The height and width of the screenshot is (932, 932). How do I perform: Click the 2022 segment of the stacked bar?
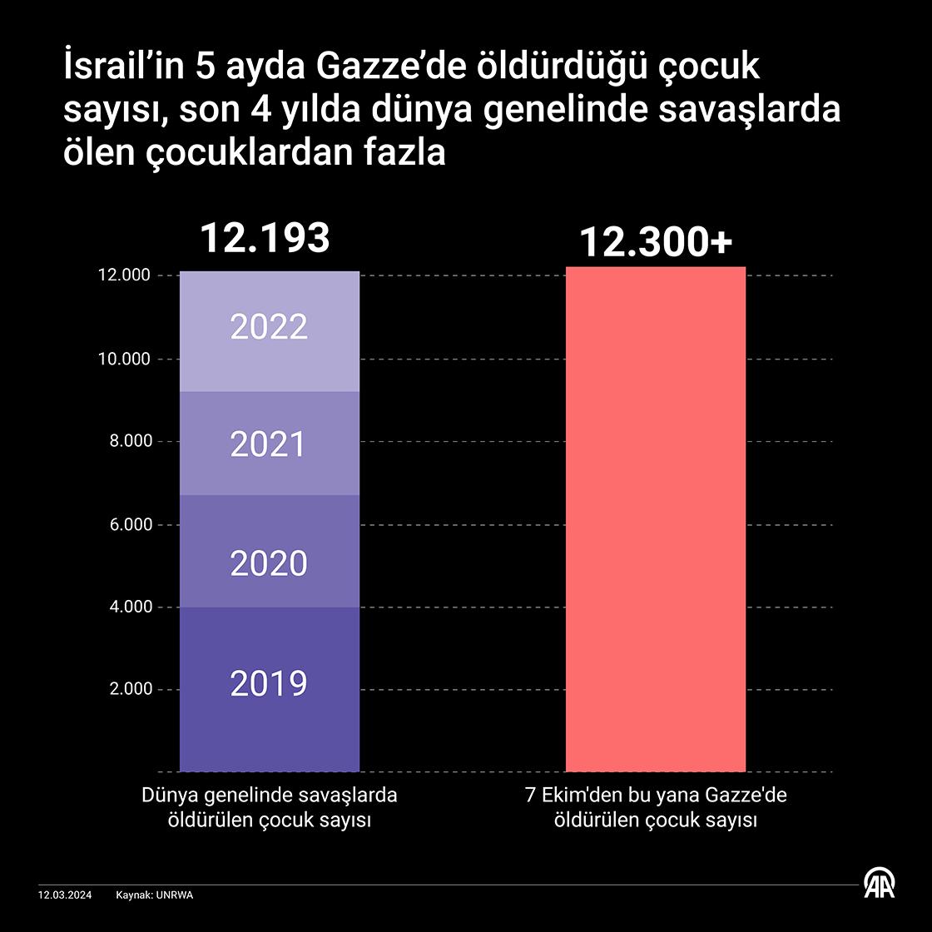269,330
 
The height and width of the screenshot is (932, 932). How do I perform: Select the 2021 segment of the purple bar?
269,444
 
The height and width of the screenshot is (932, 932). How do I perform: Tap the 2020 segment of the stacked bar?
269,552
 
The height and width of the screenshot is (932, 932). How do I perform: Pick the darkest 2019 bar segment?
269,689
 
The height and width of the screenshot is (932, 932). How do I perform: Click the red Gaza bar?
655,519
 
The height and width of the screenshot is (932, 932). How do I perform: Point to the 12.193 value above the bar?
265,238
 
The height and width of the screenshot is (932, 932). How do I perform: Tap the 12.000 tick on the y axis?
125,275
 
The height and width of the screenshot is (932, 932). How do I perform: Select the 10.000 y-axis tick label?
125,359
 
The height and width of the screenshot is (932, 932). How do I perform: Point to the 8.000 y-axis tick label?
129,441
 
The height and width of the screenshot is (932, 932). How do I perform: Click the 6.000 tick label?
129,524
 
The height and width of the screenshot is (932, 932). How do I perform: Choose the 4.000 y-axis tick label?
129,607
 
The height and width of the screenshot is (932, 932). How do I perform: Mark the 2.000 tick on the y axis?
129,689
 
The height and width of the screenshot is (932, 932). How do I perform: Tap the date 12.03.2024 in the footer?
66,895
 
